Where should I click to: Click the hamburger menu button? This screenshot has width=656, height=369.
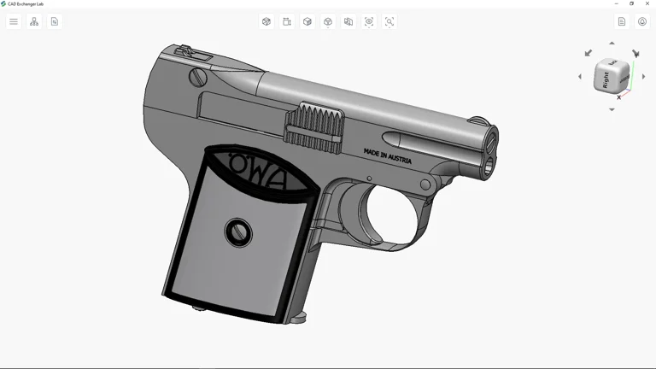(x=14, y=21)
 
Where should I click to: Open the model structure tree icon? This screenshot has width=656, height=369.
(x=34, y=21)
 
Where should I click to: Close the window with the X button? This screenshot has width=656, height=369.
(x=647, y=3)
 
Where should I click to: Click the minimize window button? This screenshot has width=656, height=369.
(x=617, y=3)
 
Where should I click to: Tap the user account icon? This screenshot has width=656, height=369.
(x=642, y=21)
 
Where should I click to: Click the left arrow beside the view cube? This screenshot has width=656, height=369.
(x=580, y=77)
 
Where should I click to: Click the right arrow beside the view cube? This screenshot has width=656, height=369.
(x=643, y=77)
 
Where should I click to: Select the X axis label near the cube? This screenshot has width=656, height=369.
(x=619, y=97)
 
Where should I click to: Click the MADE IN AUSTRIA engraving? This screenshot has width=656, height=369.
(x=387, y=156)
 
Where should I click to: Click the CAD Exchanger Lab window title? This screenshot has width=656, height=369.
(x=26, y=3)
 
